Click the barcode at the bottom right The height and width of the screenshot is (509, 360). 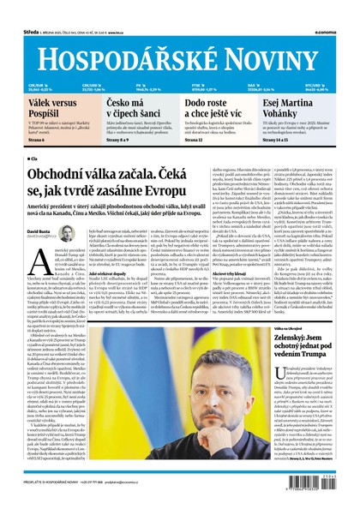(317, 488)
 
